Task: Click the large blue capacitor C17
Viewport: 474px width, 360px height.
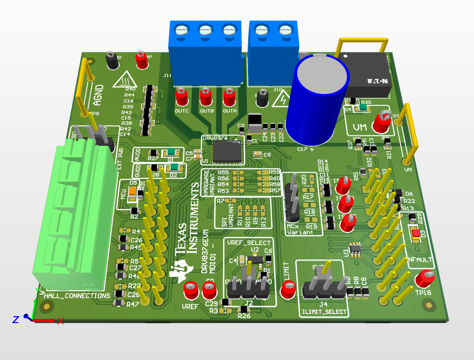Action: [320, 102]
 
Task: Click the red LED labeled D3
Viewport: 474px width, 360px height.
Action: [416, 233]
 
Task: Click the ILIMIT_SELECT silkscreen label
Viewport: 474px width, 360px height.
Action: [323, 313]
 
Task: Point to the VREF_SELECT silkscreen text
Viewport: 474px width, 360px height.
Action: [248, 242]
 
